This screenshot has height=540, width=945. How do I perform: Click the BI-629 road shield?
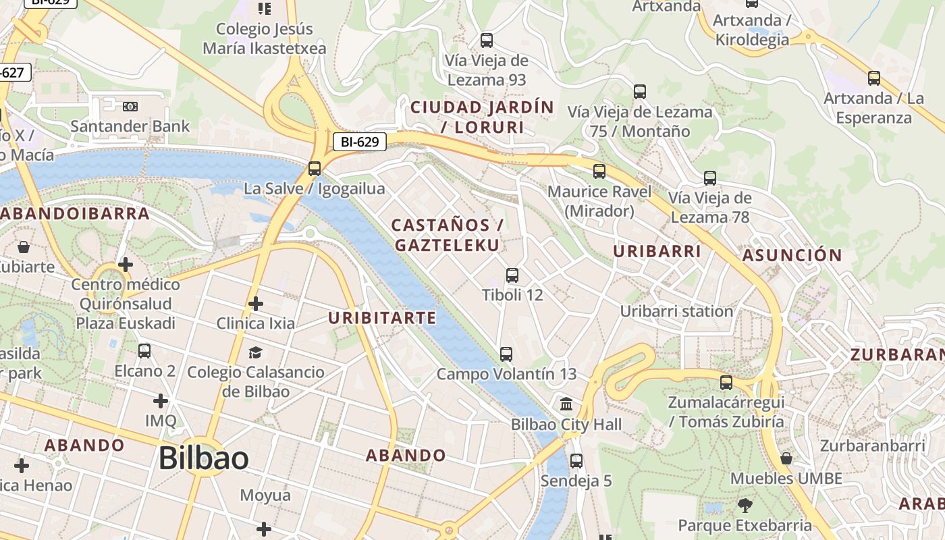click(360, 142)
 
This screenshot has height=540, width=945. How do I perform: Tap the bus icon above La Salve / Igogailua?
click(314, 169)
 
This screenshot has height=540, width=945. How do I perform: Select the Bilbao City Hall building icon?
click(566, 404)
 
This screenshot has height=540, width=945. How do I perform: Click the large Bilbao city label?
click(203, 458)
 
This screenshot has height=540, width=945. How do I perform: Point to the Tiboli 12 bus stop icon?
click(512, 275)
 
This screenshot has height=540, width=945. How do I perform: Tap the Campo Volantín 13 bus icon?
click(506, 354)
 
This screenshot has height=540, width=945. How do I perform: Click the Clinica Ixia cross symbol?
click(255, 304)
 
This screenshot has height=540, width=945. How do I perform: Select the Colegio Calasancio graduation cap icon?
click(255, 352)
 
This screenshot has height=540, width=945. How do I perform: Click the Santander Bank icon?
click(130, 107)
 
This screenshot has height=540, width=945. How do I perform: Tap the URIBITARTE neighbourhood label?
click(382, 317)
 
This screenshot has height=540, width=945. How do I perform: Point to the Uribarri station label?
click(676, 311)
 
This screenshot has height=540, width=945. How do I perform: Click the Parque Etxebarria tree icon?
click(745, 505)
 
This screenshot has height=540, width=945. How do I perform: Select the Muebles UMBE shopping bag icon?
click(786, 459)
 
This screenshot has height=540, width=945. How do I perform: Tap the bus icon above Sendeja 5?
click(576, 461)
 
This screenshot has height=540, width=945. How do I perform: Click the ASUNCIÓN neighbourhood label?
click(792, 255)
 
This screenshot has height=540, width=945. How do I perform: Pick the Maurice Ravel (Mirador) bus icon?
click(599, 171)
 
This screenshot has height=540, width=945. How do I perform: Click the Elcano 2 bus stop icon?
click(144, 351)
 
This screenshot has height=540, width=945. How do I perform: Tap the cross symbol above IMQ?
click(160, 401)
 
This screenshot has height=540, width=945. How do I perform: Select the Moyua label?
click(265, 495)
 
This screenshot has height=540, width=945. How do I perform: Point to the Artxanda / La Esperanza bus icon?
click(873, 78)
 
